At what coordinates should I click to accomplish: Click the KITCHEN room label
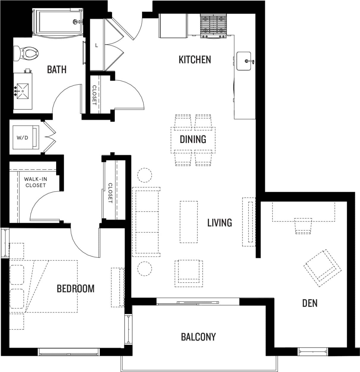coord(195,59)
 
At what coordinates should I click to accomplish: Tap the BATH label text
coord(57,70)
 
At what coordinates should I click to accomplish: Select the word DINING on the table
coord(193,139)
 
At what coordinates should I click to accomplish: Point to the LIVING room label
coord(220,222)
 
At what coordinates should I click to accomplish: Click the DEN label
coord(310,303)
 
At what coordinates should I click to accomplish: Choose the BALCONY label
coord(198,337)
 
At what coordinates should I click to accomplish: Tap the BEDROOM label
coord(75,288)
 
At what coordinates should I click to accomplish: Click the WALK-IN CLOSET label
coord(35,182)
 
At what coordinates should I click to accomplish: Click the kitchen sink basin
coord(244,61)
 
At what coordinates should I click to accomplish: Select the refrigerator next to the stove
coord(173,26)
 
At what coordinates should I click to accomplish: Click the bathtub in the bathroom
coord(57,22)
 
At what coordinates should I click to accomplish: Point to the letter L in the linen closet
coord(97,45)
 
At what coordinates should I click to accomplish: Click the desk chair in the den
coord(303,226)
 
